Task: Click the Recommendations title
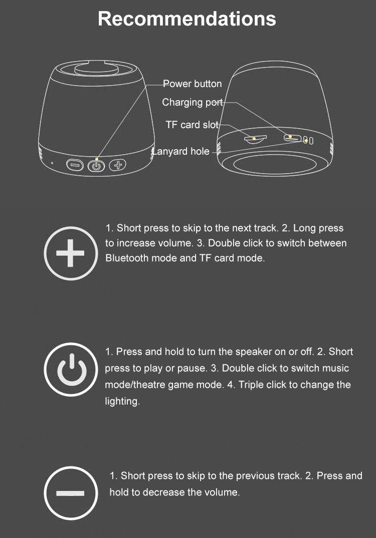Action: point(187,19)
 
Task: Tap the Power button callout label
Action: point(192,84)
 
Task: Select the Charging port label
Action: point(193,102)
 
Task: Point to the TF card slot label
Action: point(192,125)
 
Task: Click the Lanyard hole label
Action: point(181,151)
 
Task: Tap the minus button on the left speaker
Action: point(75,165)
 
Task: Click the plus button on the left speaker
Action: point(117,165)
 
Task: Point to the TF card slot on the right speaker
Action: point(255,139)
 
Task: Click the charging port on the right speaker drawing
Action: point(292,138)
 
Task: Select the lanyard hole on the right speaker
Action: point(308,140)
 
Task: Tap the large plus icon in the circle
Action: point(71,254)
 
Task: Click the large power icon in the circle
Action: point(71,369)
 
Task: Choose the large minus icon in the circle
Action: point(71,493)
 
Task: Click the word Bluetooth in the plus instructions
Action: point(127,258)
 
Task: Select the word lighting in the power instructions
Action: point(122,401)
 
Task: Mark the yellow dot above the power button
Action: point(97,159)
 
